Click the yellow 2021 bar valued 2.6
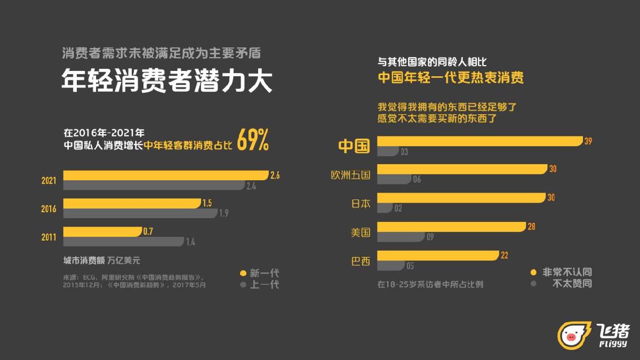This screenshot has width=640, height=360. pos(165,175)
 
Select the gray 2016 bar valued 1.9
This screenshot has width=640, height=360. pos(140,213)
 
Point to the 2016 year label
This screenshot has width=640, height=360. pos(49,209)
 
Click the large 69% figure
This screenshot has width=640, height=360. pos(252,140)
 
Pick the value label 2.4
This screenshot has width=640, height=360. pos(251,186)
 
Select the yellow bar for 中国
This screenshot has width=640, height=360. pos(479,141)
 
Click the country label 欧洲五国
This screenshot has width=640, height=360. pos(350,174)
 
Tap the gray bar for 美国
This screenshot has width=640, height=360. pos(401,236)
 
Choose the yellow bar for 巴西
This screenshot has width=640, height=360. pos(438,255)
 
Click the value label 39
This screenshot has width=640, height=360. pos(588,141)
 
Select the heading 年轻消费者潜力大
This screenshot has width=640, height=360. pos(167,82)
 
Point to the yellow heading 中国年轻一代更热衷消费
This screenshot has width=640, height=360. pos(451,78)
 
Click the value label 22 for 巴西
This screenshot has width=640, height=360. pos(505,255)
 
